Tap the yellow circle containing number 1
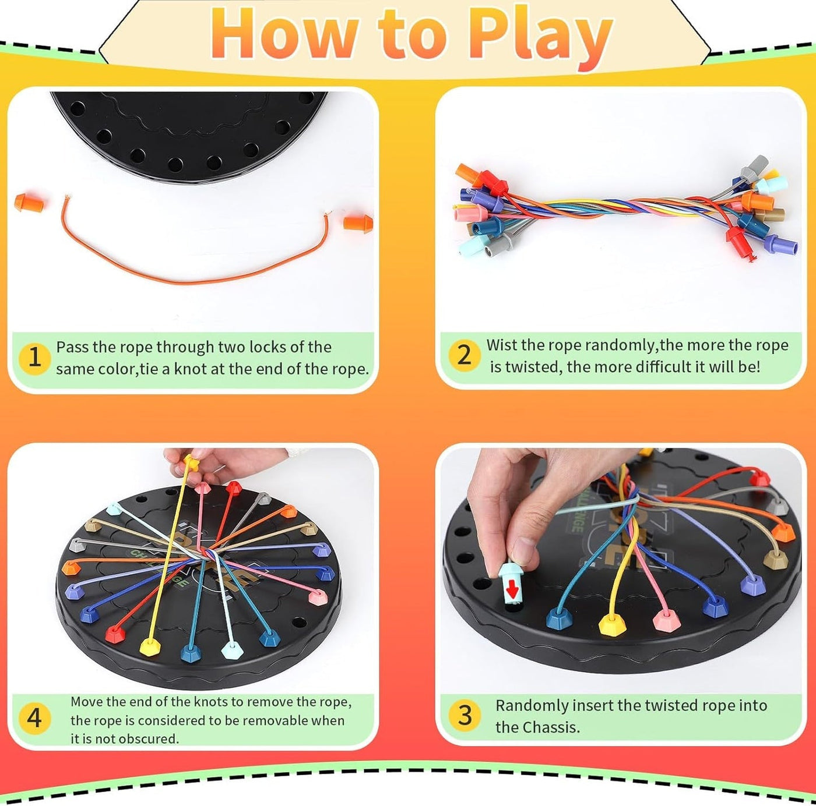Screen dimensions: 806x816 34,358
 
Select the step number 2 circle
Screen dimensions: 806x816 464,355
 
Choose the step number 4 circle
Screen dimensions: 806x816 34,717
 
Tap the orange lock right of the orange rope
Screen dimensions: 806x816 357,223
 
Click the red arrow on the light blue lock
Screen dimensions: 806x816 512,589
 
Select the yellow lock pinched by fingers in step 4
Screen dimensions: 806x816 190,463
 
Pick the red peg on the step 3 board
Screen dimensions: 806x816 759,479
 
